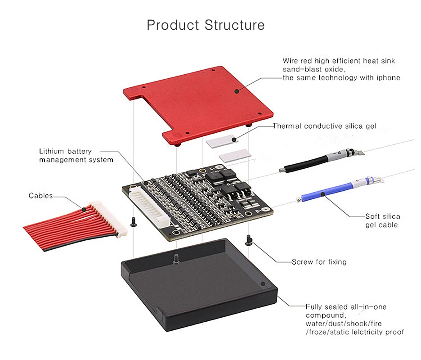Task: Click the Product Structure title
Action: pos(206,24)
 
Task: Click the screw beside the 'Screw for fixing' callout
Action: pos(248,240)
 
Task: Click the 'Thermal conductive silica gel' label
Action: pos(324,126)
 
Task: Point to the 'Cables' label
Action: pos(40,195)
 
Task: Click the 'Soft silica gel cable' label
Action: pos(382,220)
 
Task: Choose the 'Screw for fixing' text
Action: pos(319,261)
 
